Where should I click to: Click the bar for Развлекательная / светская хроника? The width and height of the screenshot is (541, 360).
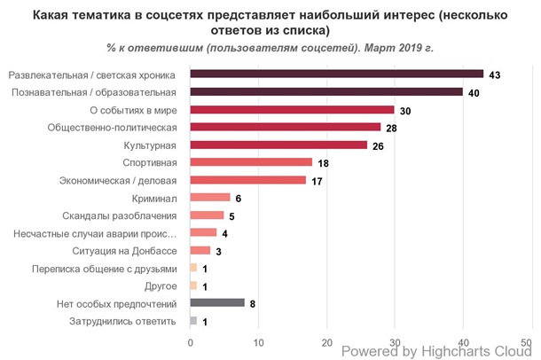337,74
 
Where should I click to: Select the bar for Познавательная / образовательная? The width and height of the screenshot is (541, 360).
326,91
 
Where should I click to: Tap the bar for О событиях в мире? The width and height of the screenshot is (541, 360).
293,109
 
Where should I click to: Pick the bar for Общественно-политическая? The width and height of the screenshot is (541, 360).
286,127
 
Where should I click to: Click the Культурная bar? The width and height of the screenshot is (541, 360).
278,145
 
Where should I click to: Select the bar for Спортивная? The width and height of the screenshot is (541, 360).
251,162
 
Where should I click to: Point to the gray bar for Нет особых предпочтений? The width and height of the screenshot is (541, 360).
217,302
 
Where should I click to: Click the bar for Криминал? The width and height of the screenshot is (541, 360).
210,197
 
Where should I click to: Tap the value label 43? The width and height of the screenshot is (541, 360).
495,75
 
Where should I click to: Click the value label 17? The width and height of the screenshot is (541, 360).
318,180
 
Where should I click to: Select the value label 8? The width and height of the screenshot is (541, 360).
253,303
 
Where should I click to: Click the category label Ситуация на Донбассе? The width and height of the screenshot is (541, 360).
132,250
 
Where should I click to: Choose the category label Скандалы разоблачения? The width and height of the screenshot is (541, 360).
120,215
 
